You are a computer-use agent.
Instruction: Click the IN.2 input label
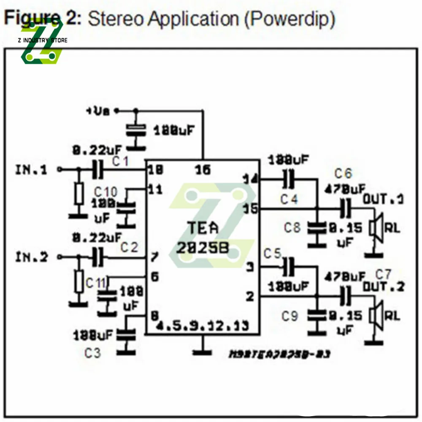pos(32,257)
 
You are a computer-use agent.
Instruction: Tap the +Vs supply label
pos(98,111)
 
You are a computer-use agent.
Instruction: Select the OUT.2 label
pos(383,287)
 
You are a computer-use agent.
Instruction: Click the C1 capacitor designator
pos(121,161)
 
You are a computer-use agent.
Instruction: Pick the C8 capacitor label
pos(292,228)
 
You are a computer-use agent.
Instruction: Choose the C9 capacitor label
pos(290,316)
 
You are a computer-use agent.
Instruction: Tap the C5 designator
pos(272,254)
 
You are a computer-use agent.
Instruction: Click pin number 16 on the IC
pos(203,170)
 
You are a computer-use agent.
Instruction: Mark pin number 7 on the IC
pos(154,257)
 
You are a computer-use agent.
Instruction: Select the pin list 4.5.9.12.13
pos(202,326)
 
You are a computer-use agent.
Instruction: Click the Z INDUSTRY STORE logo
pos(42,41)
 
